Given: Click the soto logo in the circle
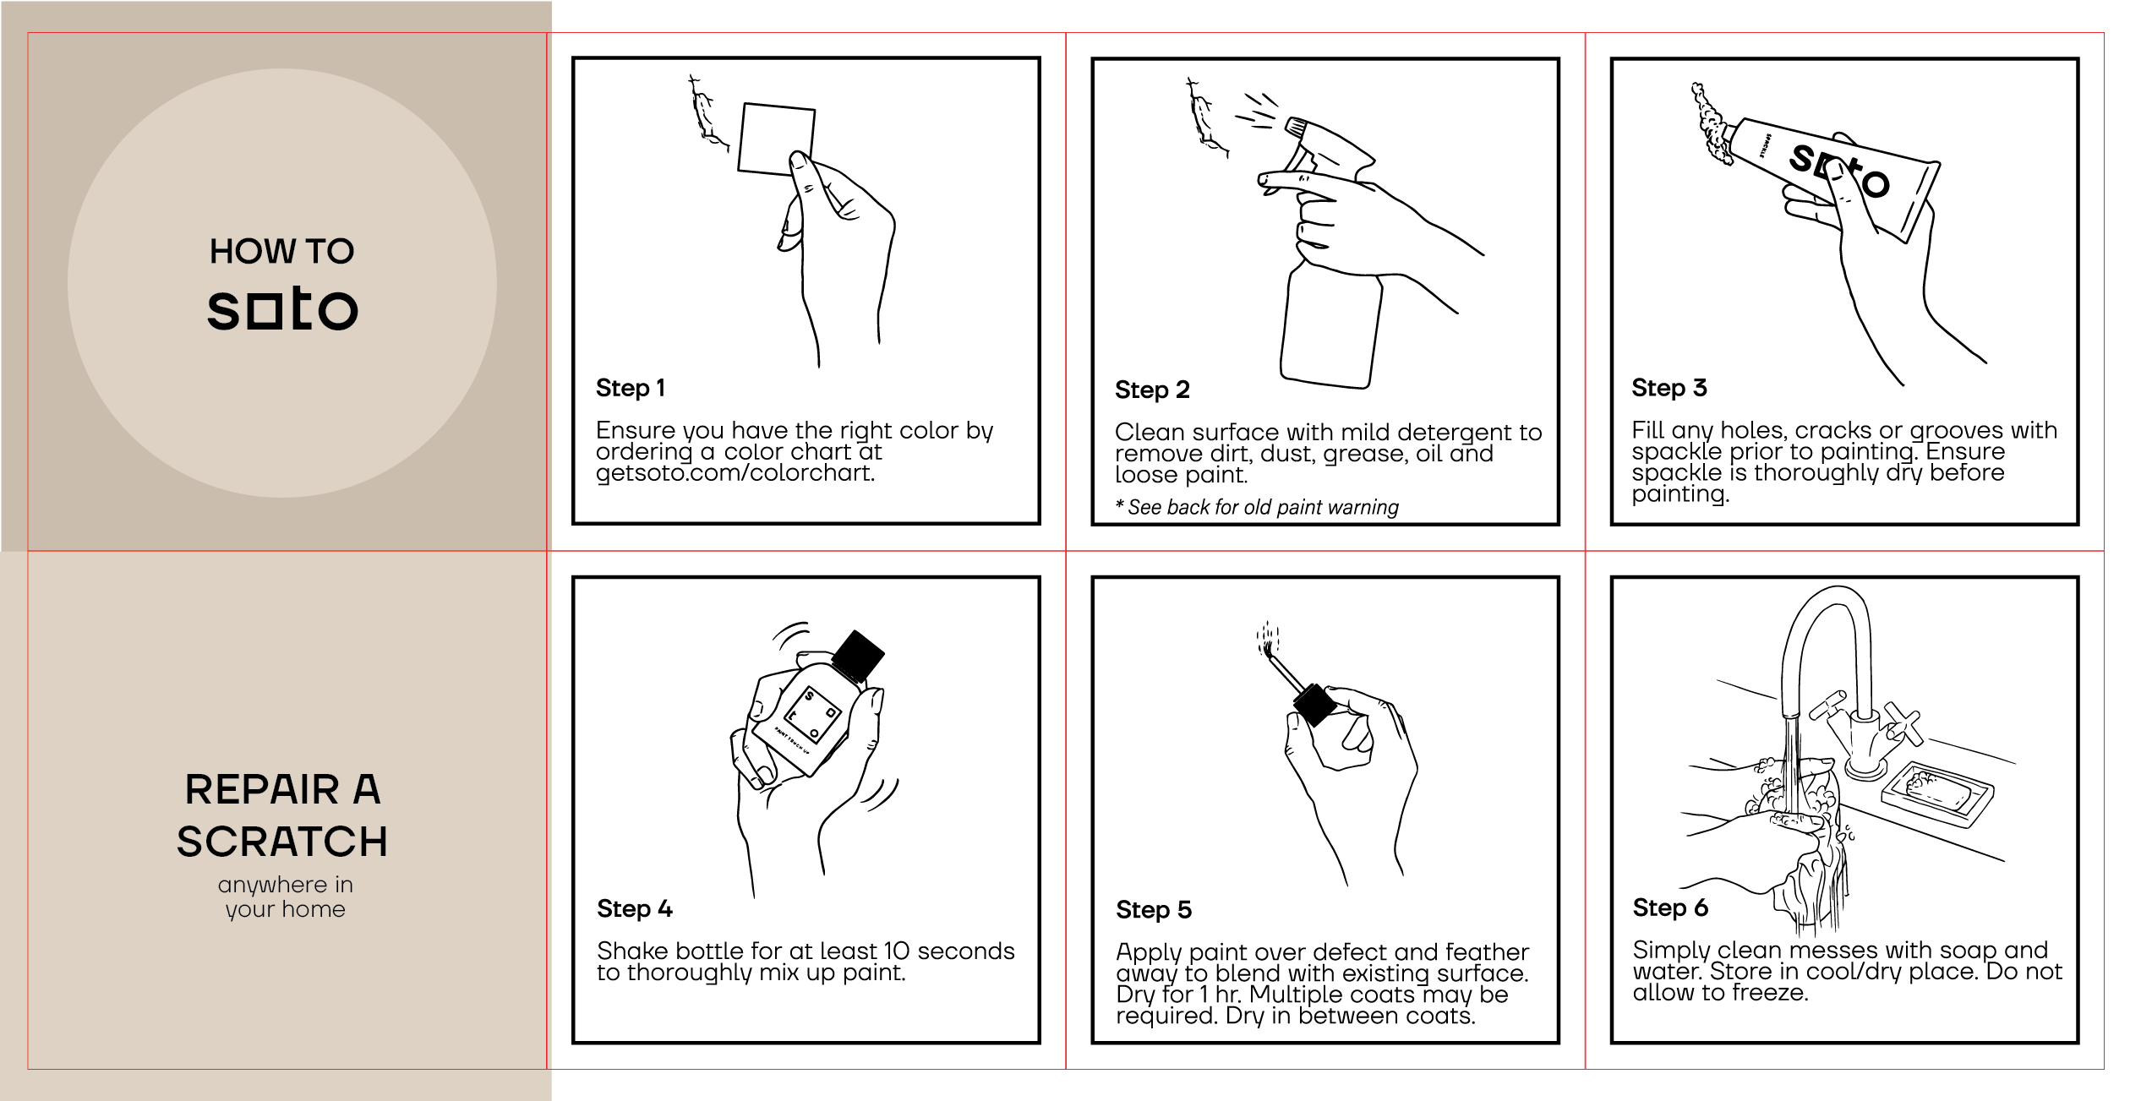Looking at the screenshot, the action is (282, 308).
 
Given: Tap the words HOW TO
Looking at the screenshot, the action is (282, 251).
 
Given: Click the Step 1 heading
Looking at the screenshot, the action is (631, 388).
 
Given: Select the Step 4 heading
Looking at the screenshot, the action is (634, 908).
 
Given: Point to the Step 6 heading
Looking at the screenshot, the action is (1670, 908).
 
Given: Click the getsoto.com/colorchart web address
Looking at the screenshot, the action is (735, 473).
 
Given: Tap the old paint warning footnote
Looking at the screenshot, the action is (1257, 507).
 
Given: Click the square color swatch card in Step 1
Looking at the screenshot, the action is (776, 139).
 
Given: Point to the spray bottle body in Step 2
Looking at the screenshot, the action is (1330, 325).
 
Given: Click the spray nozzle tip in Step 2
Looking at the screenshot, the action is (1292, 127).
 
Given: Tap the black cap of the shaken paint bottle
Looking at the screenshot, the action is (857, 655).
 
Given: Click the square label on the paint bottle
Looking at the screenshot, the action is (811, 714).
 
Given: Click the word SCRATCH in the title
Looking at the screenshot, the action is (282, 842).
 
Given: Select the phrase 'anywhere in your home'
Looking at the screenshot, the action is (285, 897).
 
